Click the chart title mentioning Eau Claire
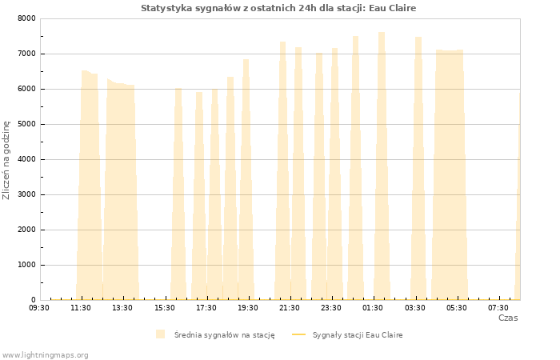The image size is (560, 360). tap(278, 8)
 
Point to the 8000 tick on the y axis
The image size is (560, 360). tap(26, 18)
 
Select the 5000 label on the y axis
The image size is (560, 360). tap(26, 124)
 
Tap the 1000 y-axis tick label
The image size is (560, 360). tap(26, 265)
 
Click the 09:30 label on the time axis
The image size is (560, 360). tap(39, 308)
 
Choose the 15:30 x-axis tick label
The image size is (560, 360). tap(165, 308)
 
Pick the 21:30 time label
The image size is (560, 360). tap(290, 308)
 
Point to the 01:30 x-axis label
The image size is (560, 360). tap(373, 308)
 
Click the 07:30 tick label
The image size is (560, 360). tap(498, 308)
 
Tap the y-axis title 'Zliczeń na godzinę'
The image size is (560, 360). tap(6, 160)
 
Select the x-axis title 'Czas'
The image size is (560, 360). tap(508, 318)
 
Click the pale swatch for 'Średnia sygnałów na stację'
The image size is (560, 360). tap(160, 334)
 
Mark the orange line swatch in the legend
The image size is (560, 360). tap(299, 334)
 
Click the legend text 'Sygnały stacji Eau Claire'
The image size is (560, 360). tap(358, 335)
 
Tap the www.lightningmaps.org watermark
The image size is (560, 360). tap(45, 355)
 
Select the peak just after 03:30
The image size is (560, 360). tap(418, 168)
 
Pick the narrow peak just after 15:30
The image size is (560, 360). tap(178, 194)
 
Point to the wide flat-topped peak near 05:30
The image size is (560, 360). tap(450, 174)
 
